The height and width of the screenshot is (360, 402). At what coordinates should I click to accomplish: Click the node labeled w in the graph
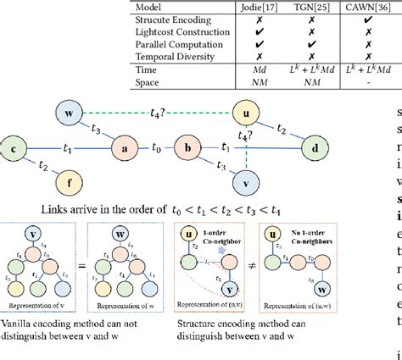click(x=71, y=113)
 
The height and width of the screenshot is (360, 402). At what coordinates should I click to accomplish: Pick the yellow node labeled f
click(x=70, y=180)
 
